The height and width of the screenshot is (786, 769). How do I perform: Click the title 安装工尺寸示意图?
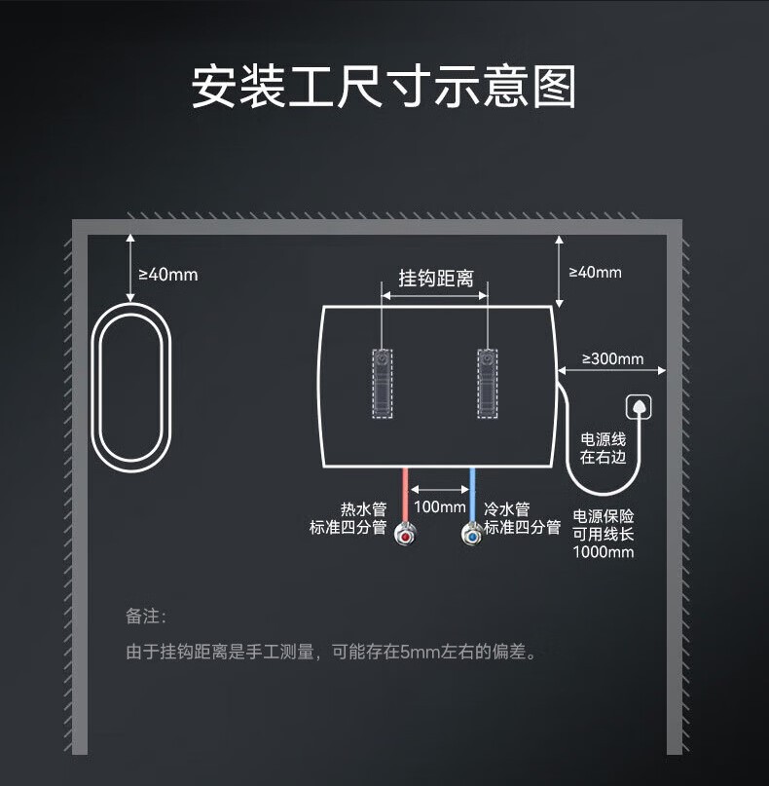tap(384, 87)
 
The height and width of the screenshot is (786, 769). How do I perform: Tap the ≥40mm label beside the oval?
tap(167, 275)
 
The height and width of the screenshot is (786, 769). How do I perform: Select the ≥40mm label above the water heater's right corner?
tap(594, 272)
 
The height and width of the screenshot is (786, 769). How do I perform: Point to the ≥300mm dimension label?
tap(612, 358)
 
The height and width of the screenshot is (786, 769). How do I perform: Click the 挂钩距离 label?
tap(435, 278)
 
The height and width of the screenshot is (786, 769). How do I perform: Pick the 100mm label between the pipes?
tap(439, 506)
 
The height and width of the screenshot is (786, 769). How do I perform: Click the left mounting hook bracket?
tap(383, 384)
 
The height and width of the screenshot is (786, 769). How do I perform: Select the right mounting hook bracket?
tap(487, 384)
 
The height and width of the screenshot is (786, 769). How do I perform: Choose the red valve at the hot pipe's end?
tap(405, 535)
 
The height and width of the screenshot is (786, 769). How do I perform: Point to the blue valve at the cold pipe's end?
tap(472, 535)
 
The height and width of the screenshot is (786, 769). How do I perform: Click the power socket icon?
tap(639, 406)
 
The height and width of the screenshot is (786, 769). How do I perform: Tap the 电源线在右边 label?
tap(604, 448)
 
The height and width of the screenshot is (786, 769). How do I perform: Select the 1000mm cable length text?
tap(604, 552)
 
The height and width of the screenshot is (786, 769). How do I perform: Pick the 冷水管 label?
tap(507, 508)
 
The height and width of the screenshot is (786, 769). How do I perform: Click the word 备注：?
tap(146, 617)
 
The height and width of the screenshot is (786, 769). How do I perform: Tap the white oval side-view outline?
tap(131, 386)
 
